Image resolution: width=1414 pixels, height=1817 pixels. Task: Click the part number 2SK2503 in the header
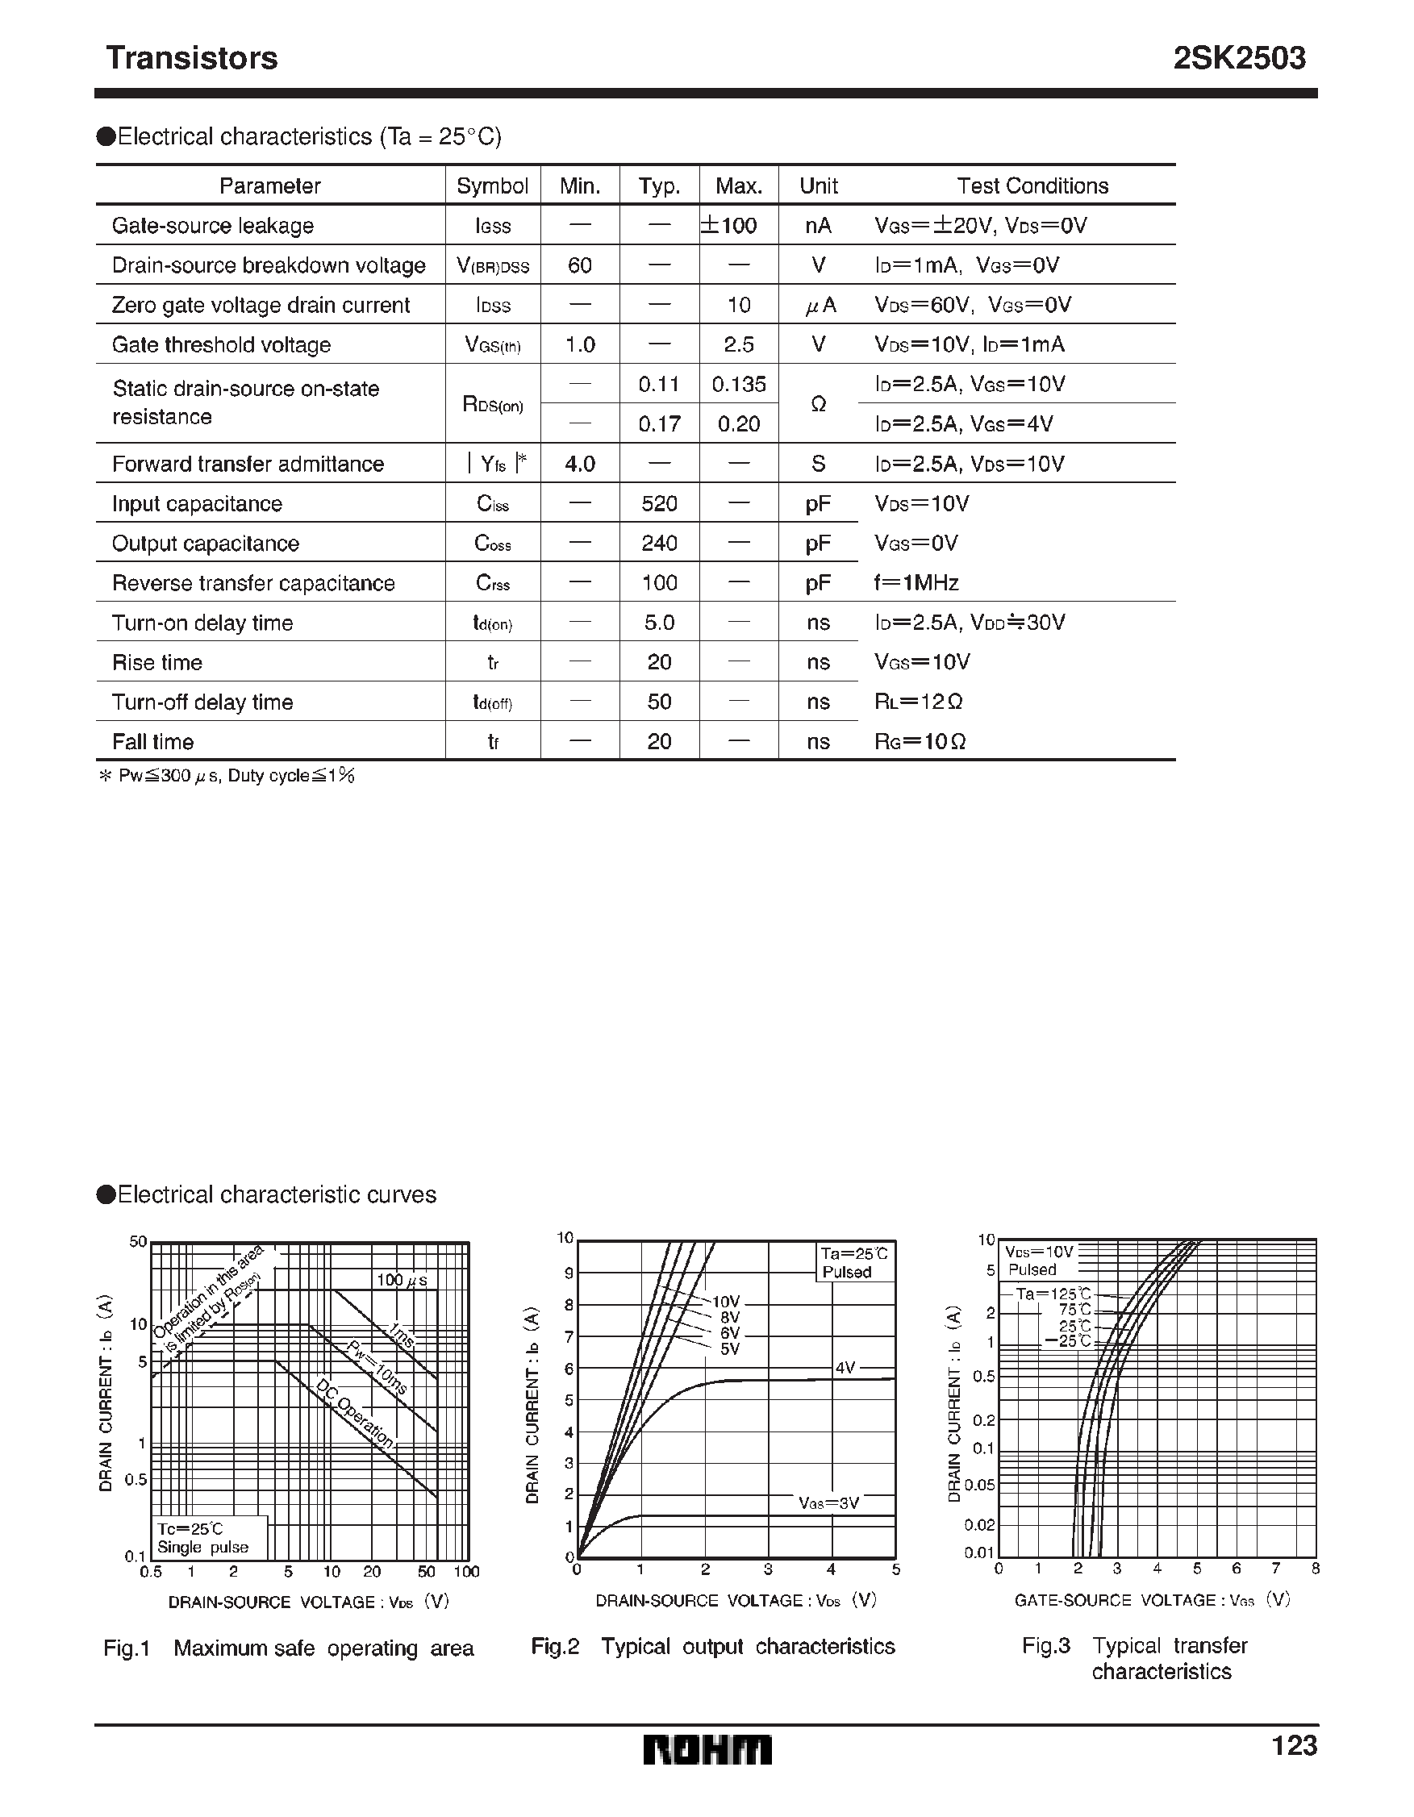[1238, 58]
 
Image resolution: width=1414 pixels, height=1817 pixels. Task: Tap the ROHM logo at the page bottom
[707, 1749]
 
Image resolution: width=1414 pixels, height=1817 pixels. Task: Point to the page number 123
[1293, 1744]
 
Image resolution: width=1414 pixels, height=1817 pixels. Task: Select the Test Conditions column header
[1032, 185]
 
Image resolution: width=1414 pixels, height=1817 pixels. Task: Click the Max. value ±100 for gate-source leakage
[729, 226]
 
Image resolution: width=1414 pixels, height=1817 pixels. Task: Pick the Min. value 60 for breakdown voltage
[579, 265]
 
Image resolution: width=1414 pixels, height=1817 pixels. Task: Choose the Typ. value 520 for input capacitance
[659, 503]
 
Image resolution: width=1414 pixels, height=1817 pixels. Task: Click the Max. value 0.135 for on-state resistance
[738, 385]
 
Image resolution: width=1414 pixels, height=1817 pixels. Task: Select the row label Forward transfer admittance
[248, 464]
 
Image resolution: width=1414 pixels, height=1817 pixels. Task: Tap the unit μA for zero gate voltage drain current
[819, 306]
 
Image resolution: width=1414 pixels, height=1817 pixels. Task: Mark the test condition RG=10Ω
[920, 741]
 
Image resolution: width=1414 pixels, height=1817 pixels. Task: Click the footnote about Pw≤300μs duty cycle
[227, 775]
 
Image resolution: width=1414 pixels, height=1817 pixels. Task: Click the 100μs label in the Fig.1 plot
[402, 1280]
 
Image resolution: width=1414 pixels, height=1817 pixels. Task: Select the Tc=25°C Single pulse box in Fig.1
[210, 1537]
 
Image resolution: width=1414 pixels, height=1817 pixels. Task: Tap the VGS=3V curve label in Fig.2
[828, 1502]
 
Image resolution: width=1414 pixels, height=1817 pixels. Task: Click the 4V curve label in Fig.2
[845, 1367]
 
